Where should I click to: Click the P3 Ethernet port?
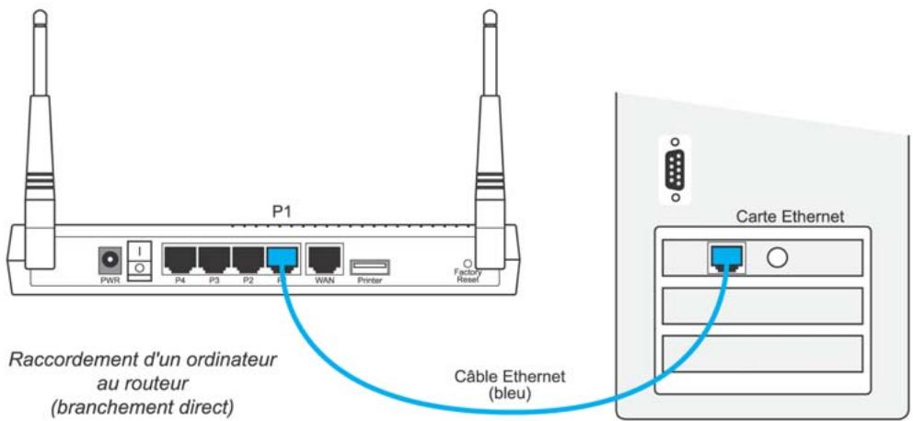[x=214, y=259]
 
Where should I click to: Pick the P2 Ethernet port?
[x=248, y=259]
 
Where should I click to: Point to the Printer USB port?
[x=369, y=267]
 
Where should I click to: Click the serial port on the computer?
[x=677, y=169]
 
